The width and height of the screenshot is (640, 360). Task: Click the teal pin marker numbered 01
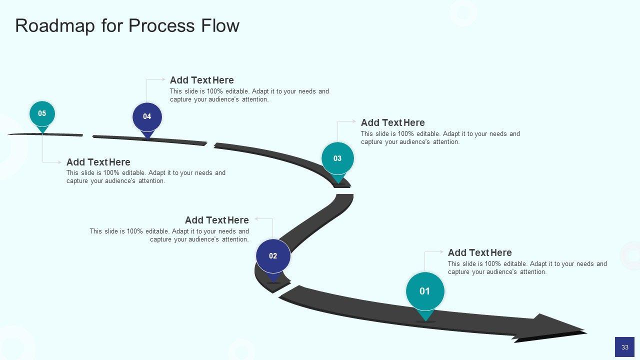425,291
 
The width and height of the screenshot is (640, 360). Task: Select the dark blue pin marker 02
273,256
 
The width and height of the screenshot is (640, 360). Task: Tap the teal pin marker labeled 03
337,158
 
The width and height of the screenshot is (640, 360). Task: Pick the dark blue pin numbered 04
147,117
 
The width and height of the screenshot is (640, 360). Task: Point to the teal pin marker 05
42,114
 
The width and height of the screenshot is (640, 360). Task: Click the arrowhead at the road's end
555,327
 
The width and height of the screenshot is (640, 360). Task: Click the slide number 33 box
624,347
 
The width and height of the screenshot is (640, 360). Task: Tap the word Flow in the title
220,26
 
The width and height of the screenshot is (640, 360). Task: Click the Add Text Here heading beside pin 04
201,80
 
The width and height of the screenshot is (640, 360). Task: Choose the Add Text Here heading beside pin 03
392,122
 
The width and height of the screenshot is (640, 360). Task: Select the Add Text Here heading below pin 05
98,162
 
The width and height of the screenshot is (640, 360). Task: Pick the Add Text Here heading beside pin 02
216,220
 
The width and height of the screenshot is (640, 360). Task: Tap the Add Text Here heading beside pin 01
479,252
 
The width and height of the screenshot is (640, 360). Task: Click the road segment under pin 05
45,134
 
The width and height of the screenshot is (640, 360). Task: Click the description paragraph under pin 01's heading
527,267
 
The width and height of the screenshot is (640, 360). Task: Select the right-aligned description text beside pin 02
169,235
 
